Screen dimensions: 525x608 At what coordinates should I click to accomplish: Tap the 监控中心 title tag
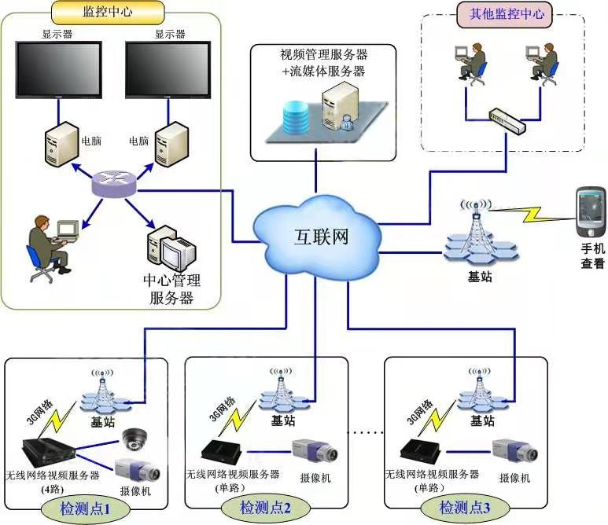pyautogui.click(x=107, y=12)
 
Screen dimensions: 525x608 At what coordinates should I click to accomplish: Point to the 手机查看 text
pyautogui.click(x=592, y=257)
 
